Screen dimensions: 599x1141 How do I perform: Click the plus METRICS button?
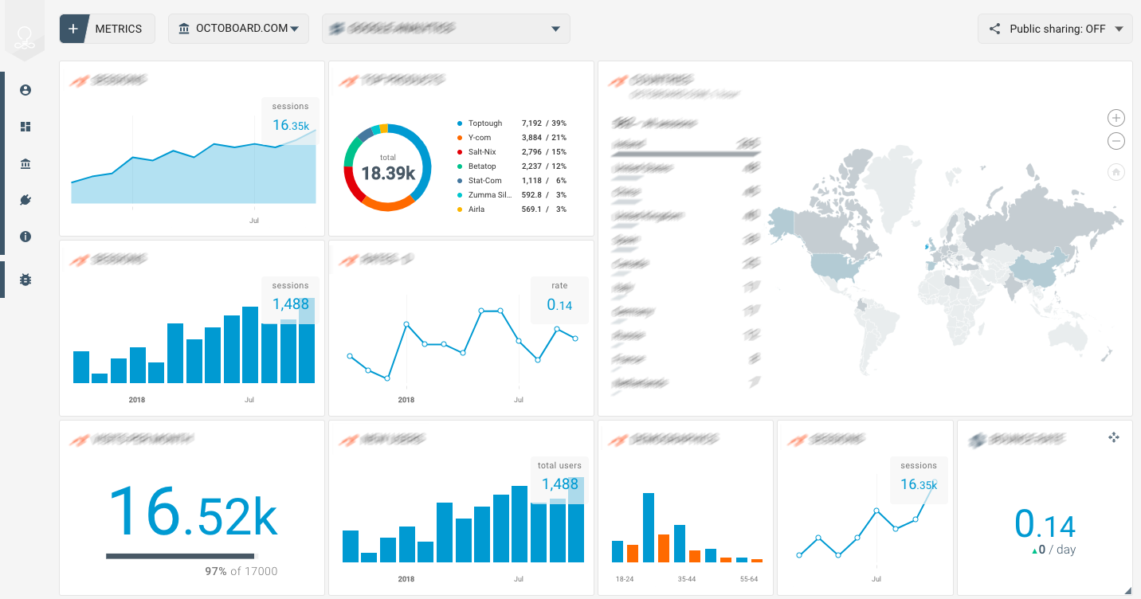click(x=106, y=29)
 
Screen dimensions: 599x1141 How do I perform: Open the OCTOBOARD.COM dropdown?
click(x=238, y=29)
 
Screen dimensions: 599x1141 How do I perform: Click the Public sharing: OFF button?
click(x=1055, y=29)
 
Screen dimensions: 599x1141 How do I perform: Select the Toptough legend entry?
click(x=484, y=123)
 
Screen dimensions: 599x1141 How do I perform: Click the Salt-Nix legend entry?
click(x=483, y=152)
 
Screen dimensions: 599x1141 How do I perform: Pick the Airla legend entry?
click(x=476, y=209)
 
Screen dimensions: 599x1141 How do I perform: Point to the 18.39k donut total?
click(x=388, y=172)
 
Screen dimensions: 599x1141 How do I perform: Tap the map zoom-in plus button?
click(x=1116, y=118)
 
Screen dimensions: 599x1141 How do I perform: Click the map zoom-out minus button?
click(x=1116, y=141)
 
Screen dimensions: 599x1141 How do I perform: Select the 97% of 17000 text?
click(x=241, y=571)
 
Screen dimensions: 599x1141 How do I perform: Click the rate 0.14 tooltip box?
click(x=559, y=299)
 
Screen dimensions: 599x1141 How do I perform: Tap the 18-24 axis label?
click(x=624, y=579)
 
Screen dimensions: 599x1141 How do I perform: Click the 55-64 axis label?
click(x=748, y=579)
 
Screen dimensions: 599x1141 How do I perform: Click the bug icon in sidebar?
click(x=25, y=280)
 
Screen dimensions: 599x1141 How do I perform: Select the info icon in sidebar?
click(x=25, y=237)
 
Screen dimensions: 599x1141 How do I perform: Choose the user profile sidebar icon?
click(x=25, y=90)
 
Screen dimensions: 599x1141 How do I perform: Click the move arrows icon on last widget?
click(x=1114, y=437)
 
